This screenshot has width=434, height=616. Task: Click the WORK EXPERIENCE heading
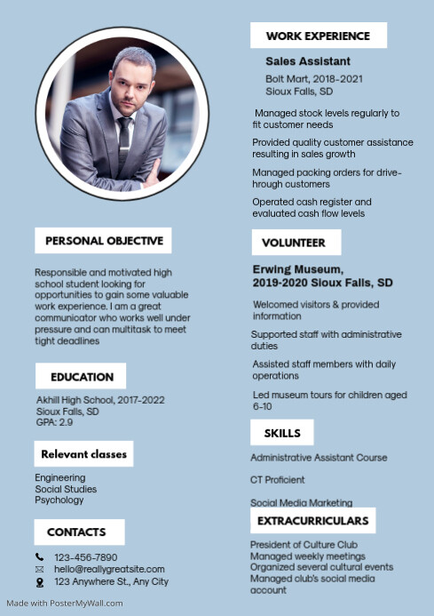(x=318, y=36)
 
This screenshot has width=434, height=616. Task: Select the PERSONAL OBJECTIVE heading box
(x=104, y=240)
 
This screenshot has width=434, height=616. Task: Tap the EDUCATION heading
(x=82, y=376)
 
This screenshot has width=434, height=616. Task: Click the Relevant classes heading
(x=84, y=454)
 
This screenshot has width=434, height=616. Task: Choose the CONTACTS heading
(x=76, y=532)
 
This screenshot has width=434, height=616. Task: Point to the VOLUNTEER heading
(x=294, y=242)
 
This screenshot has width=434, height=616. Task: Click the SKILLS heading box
(x=282, y=434)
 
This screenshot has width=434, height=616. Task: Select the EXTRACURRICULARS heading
(x=312, y=520)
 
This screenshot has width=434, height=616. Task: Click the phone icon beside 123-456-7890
(x=39, y=557)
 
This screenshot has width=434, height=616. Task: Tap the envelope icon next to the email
(x=39, y=569)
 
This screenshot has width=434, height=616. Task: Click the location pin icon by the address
(x=39, y=582)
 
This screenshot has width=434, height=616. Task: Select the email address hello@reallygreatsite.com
(x=109, y=569)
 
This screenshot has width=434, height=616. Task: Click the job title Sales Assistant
(x=308, y=61)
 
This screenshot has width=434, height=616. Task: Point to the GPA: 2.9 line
(x=54, y=422)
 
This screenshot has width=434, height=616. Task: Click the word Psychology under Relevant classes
(x=59, y=500)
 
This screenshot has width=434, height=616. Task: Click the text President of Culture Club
(x=304, y=544)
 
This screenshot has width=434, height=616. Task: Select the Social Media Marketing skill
(x=301, y=502)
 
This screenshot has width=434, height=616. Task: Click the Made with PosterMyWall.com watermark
(x=65, y=603)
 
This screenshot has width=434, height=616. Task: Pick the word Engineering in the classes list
(x=60, y=477)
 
